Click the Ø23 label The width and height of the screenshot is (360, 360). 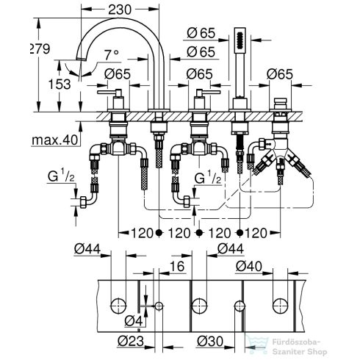132,340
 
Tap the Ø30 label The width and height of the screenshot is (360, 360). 211,340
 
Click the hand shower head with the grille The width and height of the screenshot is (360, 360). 239,42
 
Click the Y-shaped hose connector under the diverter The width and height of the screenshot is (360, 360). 279,157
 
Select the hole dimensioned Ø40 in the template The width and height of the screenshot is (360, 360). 280,304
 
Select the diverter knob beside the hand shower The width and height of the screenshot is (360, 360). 280,101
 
